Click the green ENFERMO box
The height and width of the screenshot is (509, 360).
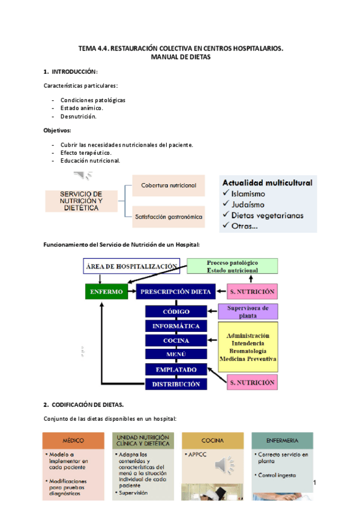pyautogui.click(x=107, y=292)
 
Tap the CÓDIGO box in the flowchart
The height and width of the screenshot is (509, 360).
pyautogui.click(x=176, y=312)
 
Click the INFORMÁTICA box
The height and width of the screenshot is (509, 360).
pyautogui.click(x=176, y=326)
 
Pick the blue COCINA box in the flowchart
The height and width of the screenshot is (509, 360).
pyautogui.click(x=176, y=340)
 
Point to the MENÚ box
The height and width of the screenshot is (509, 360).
pyautogui.click(x=176, y=354)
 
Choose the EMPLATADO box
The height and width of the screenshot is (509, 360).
pyautogui.click(x=176, y=369)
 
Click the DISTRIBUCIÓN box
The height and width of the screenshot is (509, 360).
pyautogui.click(x=176, y=384)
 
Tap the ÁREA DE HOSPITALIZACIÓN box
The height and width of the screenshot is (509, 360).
pyautogui.click(x=131, y=266)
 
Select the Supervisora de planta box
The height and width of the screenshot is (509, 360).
pyautogui.click(x=248, y=312)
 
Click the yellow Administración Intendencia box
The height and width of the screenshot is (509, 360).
pyautogui.click(x=248, y=347)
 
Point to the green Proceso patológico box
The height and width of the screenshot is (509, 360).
pyautogui.click(x=232, y=267)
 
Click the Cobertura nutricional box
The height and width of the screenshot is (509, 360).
pyautogui.click(x=169, y=185)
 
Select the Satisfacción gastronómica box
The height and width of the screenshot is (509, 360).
pyautogui.click(x=169, y=216)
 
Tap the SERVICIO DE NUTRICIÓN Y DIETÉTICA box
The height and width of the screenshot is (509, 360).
pyautogui.click(x=80, y=200)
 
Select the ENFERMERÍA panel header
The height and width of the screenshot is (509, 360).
pyautogui.click(x=282, y=440)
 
